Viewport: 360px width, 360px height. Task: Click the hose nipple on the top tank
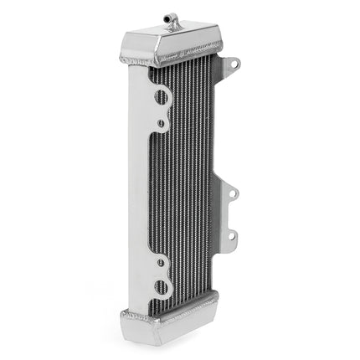tap(173, 21)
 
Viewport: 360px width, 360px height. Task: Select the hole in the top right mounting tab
tap(233, 63)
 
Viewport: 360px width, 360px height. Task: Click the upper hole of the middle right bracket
tap(233, 194)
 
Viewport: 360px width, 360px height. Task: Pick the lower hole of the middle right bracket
tap(233, 236)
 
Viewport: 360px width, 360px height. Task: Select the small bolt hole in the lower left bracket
tap(161, 262)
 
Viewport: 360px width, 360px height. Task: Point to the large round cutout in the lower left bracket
tap(161, 287)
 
